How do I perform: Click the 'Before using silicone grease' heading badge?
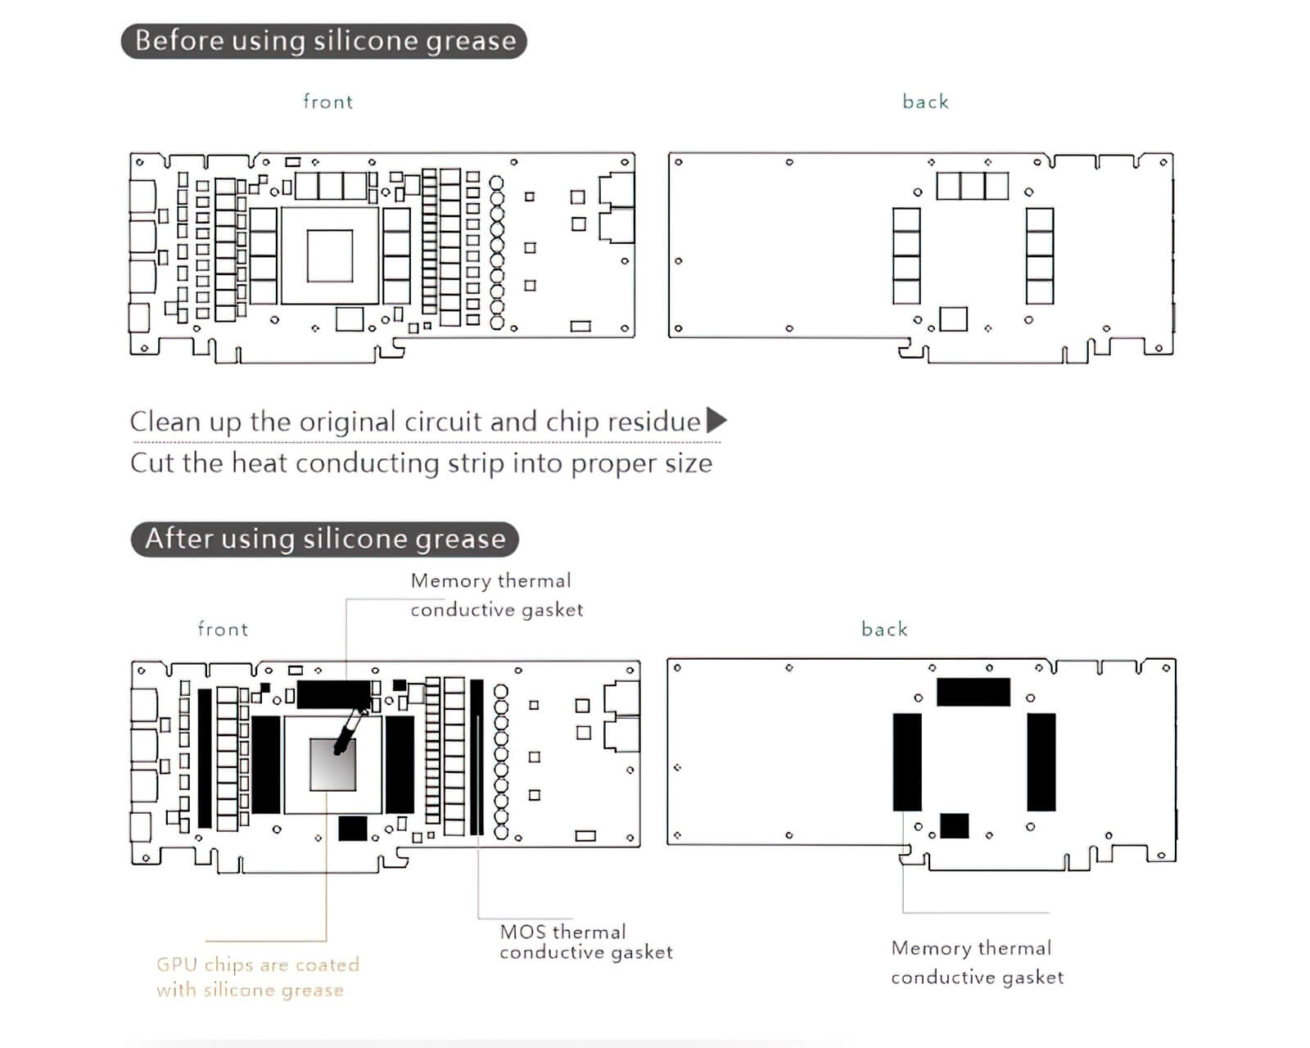[x=324, y=41]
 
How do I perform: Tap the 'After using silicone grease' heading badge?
[x=325, y=539]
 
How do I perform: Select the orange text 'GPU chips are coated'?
[x=258, y=964]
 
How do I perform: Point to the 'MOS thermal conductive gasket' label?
[x=585, y=942]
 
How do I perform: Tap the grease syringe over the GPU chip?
[x=350, y=731]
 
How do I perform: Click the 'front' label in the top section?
[x=327, y=102]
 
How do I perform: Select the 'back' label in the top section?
[x=925, y=102]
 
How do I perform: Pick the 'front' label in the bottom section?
[x=223, y=629]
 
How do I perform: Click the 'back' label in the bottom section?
[x=884, y=629]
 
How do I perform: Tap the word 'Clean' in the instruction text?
[x=165, y=422]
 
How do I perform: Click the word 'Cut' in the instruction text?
[x=152, y=463]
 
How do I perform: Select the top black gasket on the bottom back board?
[x=973, y=692]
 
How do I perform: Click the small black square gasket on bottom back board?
[x=954, y=825]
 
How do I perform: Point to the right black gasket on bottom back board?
[x=1041, y=761]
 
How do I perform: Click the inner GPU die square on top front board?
[x=330, y=255]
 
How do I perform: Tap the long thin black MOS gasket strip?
[x=477, y=757]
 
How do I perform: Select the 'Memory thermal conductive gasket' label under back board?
[x=977, y=962]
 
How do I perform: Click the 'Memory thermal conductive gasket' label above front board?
[x=496, y=594]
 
